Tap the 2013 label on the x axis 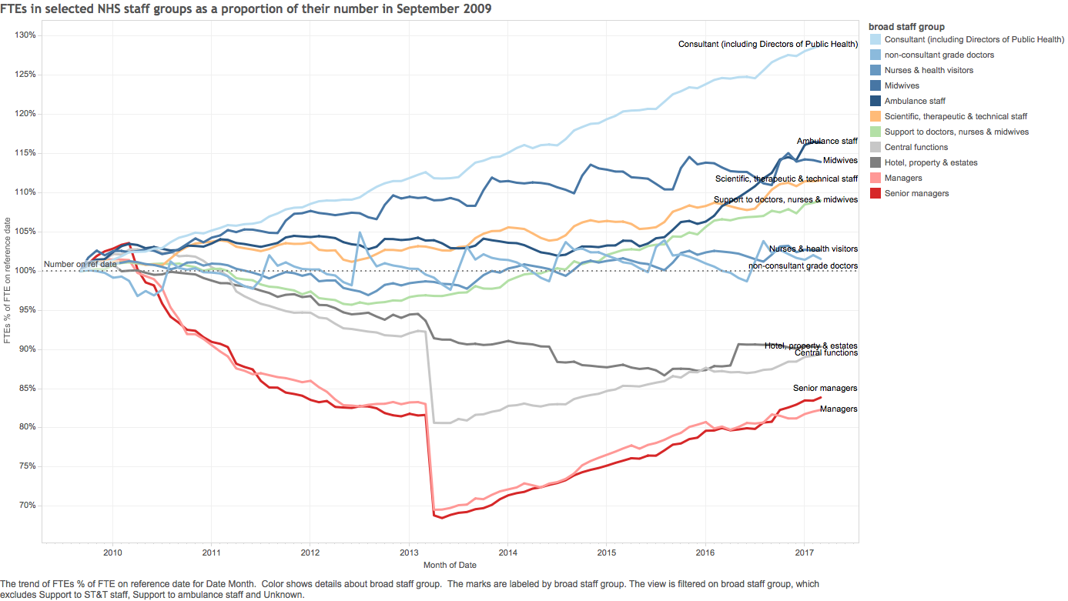click(409, 553)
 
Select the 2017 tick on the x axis click(804, 553)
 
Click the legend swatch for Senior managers click(875, 193)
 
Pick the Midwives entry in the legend click(902, 85)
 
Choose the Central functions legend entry click(916, 147)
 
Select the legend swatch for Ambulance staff click(875, 101)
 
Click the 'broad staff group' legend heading click(906, 27)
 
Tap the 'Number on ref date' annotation click(80, 264)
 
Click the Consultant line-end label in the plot click(768, 44)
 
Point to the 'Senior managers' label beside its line click(825, 389)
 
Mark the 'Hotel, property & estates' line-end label click(811, 346)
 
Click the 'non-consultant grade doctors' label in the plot click(803, 266)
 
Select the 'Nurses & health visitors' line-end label click(813, 249)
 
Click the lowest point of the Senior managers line click(442, 518)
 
